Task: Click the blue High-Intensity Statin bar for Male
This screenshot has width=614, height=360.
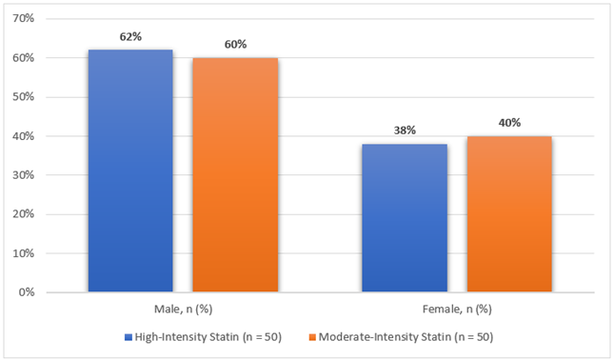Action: (130, 170)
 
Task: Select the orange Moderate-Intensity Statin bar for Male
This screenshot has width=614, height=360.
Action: (235, 174)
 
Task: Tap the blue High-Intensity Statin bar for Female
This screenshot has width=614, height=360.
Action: (405, 218)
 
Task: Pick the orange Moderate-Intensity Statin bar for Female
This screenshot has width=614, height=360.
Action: (509, 214)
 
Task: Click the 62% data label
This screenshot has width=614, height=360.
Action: (130, 37)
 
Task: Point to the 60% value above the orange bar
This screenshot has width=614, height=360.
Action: (235, 45)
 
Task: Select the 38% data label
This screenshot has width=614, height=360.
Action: (405, 130)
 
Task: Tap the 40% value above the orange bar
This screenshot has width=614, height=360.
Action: (509, 123)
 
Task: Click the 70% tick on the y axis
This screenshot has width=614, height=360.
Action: (24, 18)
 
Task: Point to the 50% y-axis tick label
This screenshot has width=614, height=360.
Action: (24, 97)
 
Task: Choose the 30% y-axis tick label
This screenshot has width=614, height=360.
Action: (24, 175)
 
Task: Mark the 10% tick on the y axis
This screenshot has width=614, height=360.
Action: (24, 253)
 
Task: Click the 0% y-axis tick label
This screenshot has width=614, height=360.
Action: (27, 292)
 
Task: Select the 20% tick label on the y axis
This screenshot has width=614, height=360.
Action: (24, 214)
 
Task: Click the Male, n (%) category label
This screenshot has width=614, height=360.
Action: (184, 310)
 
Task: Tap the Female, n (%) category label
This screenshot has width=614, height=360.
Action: (457, 310)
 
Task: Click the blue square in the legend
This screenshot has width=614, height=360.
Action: (129, 337)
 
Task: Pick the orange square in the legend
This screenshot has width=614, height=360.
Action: (312, 337)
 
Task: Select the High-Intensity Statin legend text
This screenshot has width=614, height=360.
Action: (187, 337)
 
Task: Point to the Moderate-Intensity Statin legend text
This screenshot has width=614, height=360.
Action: (385, 337)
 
